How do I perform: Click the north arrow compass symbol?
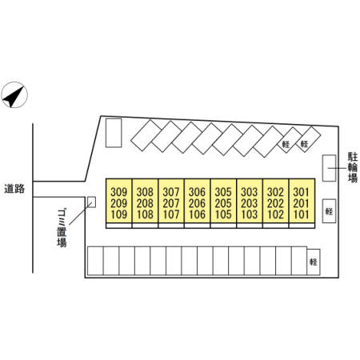click(14, 95)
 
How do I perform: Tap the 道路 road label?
click(14, 189)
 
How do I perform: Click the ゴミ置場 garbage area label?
click(62, 229)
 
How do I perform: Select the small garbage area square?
click(91, 202)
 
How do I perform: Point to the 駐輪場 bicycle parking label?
click(353, 167)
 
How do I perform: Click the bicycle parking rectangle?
click(329, 168)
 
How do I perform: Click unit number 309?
click(119, 192)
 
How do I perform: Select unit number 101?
click(302, 214)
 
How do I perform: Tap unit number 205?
click(223, 203)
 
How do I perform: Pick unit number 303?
click(250, 192)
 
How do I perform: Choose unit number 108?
click(145, 214)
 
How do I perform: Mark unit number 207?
click(171, 203)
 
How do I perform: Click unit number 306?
click(198, 192)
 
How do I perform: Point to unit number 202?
click(275, 203)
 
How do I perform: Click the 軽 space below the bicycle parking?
click(329, 211)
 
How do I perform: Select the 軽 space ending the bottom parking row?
click(314, 262)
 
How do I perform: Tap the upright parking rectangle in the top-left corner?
click(114, 133)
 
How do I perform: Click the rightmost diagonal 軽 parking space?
click(309, 139)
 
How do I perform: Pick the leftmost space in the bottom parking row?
click(95, 261)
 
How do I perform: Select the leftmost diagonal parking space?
click(146, 135)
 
